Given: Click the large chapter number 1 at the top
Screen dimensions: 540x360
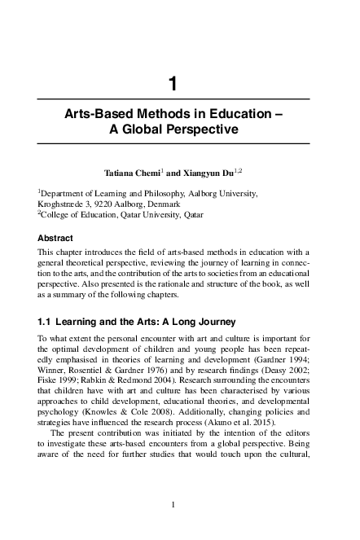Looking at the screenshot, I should (x=173, y=82).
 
